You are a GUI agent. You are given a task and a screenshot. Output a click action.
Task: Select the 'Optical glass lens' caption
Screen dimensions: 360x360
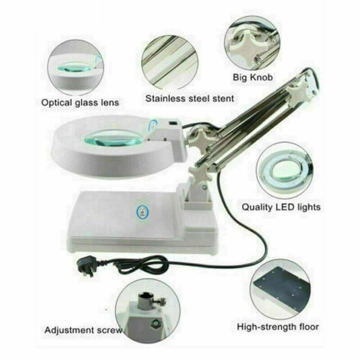pyautogui.click(x=80, y=103)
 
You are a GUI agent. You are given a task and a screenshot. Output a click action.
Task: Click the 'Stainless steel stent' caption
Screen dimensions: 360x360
pyautogui.click(x=189, y=98)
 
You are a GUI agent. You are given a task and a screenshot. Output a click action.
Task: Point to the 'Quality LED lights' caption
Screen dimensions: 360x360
pyautogui.click(x=281, y=207)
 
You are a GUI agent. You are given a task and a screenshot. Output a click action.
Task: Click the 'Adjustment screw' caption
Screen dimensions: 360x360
pyautogui.click(x=83, y=330)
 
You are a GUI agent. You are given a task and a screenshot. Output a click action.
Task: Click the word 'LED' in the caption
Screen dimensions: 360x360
pyautogui.click(x=283, y=207)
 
